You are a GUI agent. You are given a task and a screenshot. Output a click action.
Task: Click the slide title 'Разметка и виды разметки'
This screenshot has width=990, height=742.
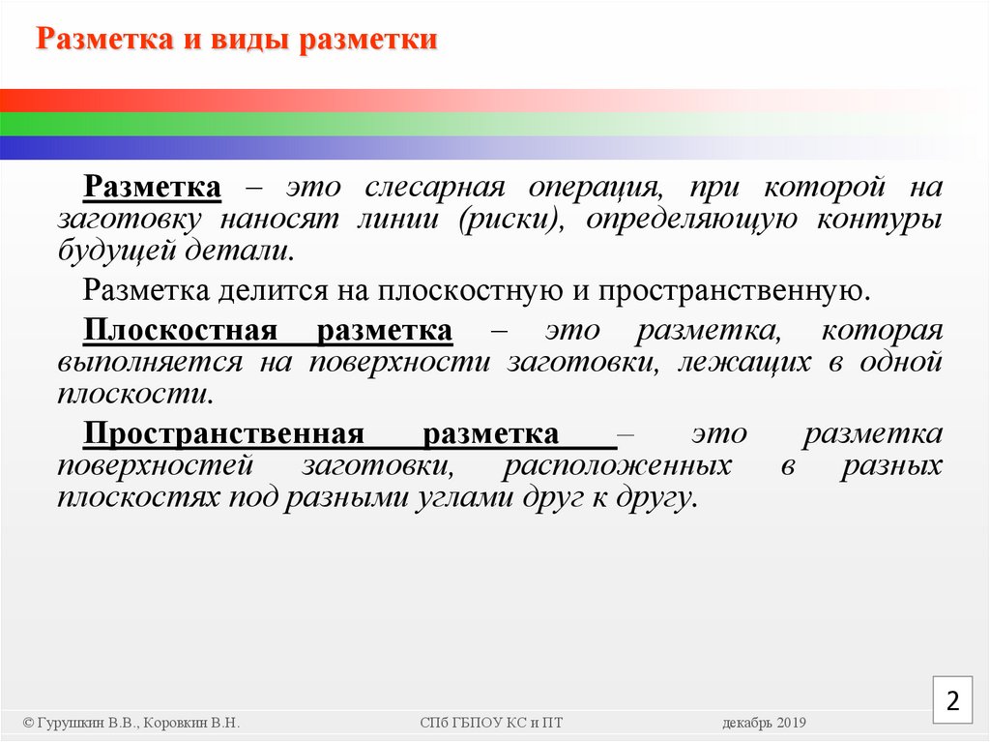pos(237,42)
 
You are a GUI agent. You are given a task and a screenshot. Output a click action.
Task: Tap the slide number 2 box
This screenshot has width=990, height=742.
pos(952,700)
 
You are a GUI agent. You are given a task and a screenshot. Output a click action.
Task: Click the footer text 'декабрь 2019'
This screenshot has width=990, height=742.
pos(764,724)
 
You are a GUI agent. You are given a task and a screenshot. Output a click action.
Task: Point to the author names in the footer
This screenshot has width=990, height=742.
pos(131,724)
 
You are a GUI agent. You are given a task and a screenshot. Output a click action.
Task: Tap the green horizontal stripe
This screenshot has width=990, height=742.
pos(290,124)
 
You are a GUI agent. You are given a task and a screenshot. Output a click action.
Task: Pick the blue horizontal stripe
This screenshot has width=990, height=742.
pos(290,147)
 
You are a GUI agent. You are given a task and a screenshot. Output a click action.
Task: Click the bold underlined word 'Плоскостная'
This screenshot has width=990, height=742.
pos(180,330)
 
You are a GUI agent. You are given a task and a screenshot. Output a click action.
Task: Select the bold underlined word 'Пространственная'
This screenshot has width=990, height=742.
pos(222,433)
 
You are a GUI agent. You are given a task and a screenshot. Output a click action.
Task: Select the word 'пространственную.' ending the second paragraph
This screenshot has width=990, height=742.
pos(735,289)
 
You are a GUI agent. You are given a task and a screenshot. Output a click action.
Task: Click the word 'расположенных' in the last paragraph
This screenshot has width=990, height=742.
pos(617,465)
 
